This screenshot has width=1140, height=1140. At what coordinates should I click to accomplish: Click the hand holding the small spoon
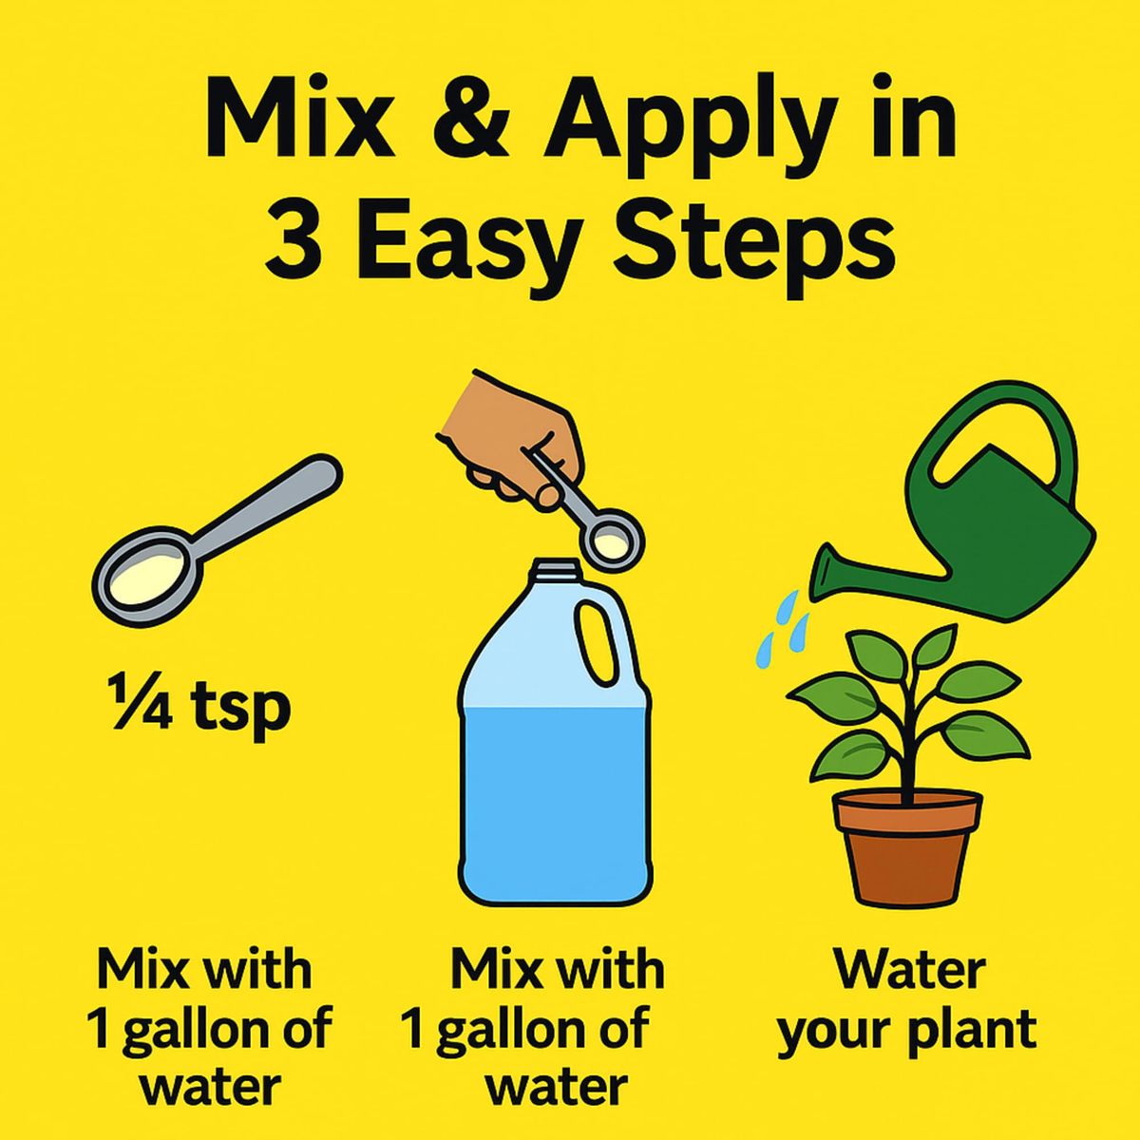[x=510, y=441]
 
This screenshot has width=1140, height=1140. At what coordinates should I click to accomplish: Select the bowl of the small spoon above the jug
[x=610, y=544]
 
